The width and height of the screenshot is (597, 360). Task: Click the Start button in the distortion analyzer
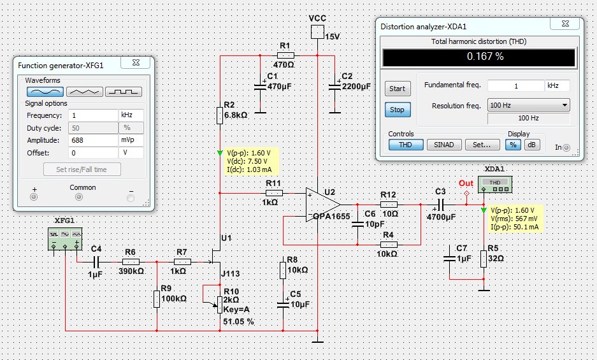click(x=397, y=89)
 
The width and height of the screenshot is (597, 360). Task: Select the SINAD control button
click(x=444, y=145)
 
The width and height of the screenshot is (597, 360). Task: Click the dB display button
click(x=532, y=145)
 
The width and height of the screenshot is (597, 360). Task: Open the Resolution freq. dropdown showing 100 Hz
click(x=528, y=105)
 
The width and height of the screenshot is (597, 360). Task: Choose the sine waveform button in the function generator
click(x=45, y=92)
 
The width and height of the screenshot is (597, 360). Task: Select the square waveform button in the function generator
click(x=124, y=92)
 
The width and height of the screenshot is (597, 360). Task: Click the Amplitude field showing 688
click(x=93, y=140)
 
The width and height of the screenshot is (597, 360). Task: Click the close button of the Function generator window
click(x=136, y=62)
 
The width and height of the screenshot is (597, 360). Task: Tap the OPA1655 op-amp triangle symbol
click(x=322, y=205)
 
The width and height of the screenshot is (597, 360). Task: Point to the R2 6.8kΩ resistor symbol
click(x=220, y=115)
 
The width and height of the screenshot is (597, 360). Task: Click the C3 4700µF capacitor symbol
click(x=440, y=205)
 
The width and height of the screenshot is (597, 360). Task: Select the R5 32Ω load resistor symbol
click(x=484, y=259)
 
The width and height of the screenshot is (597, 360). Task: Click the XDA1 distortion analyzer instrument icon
click(x=495, y=185)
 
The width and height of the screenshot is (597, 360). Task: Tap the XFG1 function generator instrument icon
click(x=65, y=239)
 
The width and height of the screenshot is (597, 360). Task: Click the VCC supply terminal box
click(x=317, y=32)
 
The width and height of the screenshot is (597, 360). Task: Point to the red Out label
click(x=466, y=184)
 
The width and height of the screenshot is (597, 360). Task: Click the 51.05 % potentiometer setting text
click(x=238, y=322)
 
